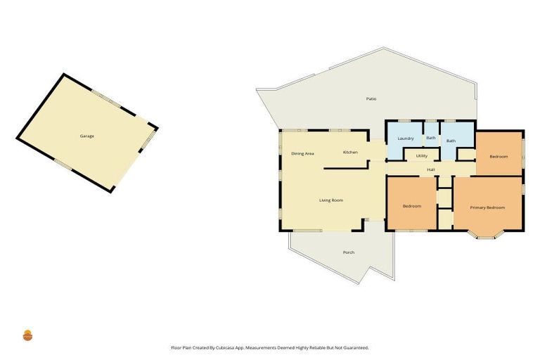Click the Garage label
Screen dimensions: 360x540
[86, 136]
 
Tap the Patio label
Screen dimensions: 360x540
[371, 98]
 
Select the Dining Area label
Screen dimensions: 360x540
[302, 153]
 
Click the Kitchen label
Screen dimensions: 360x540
[350, 153]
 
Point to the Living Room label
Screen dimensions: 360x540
[331, 201]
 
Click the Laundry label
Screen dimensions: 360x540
[405, 139]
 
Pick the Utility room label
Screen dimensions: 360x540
[422, 156]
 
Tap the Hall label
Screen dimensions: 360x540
[430, 169]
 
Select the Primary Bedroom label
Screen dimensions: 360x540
[487, 207]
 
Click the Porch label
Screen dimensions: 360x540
[348, 252]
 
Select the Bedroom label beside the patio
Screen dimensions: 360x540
[499, 156]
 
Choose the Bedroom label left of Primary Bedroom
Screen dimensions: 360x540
[411, 206]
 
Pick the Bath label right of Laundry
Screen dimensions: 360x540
[430, 138]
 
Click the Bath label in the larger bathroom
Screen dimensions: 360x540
[451, 141]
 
